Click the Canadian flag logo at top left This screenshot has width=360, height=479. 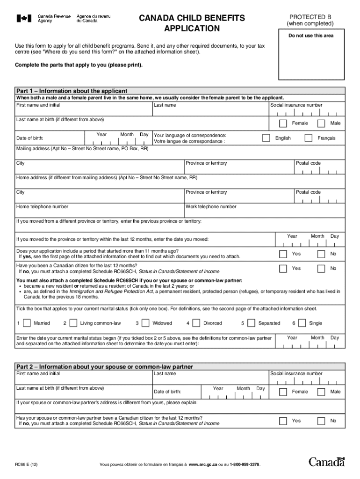pos(25,19)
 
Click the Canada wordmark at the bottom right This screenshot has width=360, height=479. pos(326,462)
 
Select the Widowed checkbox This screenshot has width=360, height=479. pos(145,323)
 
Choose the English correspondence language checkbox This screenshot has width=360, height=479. pos(266,138)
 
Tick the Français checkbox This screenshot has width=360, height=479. pos(308,138)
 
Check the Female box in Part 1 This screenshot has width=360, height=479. pos(283,123)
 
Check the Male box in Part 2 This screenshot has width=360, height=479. pos(321,392)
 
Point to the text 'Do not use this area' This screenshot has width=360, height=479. pos(310,36)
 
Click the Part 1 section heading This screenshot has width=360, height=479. pos(72,91)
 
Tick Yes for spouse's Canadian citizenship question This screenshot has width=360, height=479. pos(283,421)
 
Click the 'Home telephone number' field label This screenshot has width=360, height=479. pos(42,207)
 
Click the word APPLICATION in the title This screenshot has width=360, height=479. pos(191,29)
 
